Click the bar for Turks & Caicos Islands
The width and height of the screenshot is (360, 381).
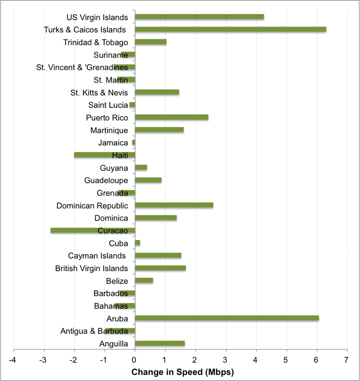[230, 30]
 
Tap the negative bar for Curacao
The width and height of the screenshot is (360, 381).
[93, 230]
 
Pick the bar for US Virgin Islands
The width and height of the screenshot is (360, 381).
[199, 17]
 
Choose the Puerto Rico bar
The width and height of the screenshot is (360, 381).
[172, 117]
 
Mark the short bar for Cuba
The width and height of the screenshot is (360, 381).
[138, 243]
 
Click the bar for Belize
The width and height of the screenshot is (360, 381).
[144, 281]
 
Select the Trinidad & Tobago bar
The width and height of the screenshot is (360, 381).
[151, 42]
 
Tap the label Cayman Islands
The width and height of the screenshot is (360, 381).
[98, 256]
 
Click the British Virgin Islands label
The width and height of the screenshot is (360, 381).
[91, 268]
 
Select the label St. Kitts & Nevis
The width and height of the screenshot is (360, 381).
[99, 92]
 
